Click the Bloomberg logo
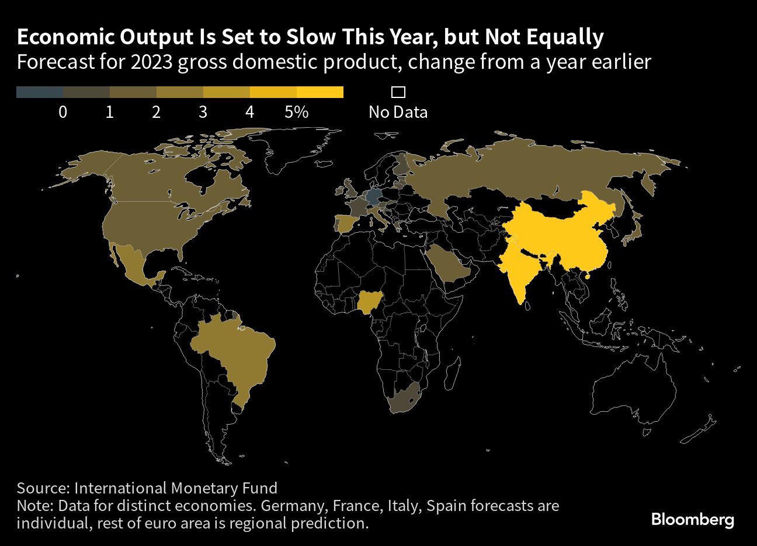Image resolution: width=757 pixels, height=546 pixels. [x=692, y=519]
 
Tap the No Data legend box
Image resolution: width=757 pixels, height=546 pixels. [x=398, y=92]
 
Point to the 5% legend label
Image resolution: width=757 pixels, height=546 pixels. [x=296, y=111]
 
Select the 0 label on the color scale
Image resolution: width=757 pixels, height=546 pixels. [x=62, y=111]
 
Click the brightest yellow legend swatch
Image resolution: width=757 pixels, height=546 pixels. [x=320, y=92]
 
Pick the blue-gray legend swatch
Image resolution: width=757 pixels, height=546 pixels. [x=40, y=92]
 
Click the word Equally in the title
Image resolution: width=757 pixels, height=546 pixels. [x=564, y=37]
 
